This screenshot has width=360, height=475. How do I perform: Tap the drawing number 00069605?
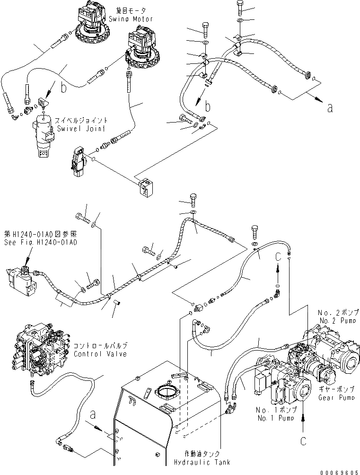tap(340, 471)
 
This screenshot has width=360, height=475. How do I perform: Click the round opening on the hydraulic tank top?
tap(166, 392)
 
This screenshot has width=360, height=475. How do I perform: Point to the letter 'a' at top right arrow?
tap(330, 107)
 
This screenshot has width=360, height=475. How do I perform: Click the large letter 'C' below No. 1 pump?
tap(303, 440)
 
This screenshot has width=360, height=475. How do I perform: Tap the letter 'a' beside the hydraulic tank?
tap(93, 415)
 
